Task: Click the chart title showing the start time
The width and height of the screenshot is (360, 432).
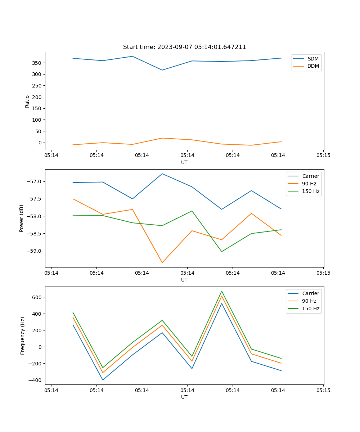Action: [x=184, y=47]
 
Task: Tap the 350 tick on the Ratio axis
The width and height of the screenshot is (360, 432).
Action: [x=38, y=63]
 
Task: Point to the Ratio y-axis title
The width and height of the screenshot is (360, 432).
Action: [x=27, y=101]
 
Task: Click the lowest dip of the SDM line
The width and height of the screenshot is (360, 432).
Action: [x=162, y=70]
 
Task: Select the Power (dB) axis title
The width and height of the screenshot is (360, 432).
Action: [x=22, y=218]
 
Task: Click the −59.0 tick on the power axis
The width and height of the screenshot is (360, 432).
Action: [x=35, y=251]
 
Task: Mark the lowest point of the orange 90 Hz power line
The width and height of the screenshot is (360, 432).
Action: [x=162, y=262]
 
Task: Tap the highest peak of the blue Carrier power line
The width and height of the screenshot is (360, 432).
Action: [x=162, y=174]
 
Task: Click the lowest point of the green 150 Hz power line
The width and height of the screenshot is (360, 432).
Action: [x=221, y=252]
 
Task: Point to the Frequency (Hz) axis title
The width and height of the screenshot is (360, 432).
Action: [x=23, y=336]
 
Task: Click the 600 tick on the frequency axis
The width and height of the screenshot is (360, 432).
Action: [x=38, y=297]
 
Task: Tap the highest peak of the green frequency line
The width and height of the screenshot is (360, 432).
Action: [x=221, y=291]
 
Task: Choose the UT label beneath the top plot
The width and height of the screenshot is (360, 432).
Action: [x=184, y=162]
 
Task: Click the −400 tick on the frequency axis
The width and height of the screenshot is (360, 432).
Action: [x=36, y=380]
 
